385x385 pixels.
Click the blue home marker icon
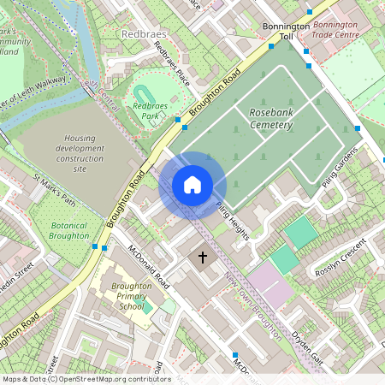[192, 184]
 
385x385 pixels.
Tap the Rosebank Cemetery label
[270, 120]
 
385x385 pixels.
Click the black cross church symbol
[204, 257]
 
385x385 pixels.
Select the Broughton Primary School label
[119, 295]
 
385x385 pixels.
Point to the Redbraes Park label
[150, 109]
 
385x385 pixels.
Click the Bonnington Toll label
[285, 32]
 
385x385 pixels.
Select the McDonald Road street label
[144, 265]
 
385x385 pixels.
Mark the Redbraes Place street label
[170, 62]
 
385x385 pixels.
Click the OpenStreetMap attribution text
[86, 379]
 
